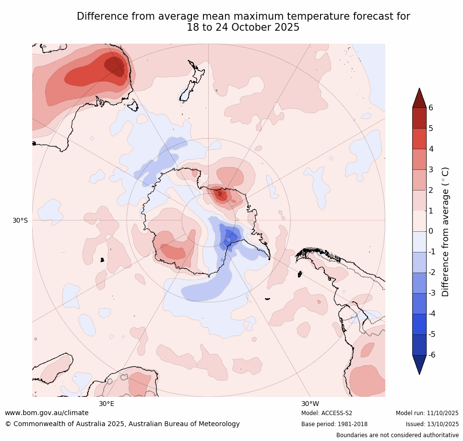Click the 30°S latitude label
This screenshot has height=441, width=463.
[20, 220]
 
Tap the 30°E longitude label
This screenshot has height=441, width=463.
[107, 404]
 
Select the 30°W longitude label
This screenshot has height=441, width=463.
[310, 404]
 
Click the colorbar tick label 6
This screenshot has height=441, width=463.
[430, 107]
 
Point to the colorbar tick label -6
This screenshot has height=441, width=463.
[432, 355]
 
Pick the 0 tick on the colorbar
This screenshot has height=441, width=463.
[430, 231]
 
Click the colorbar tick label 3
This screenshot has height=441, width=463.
[430, 169]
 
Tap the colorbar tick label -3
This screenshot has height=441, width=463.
[432, 293]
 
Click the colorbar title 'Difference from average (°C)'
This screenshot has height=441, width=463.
[445, 231]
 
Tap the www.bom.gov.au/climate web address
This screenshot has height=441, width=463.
[47, 413]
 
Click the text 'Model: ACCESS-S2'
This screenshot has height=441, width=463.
[327, 413]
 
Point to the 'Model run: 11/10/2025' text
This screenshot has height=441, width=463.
[427, 413]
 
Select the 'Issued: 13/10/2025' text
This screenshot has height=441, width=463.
[432, 424]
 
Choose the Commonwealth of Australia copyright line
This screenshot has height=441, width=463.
[122, 424]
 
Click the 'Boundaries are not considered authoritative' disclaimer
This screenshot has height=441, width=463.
[397, 435]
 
